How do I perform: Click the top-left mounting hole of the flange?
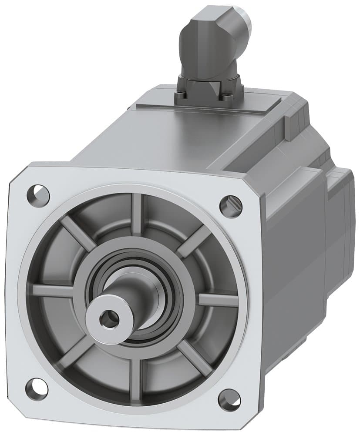(x=39, y=192)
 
